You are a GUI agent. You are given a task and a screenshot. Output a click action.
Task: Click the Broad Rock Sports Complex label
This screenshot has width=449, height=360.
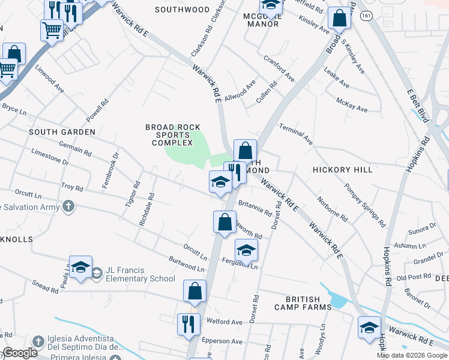169,135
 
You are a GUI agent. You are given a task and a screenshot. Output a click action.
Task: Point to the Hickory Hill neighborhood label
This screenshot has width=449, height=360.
343,170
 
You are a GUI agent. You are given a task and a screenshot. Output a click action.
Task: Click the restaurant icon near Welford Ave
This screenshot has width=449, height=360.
188,324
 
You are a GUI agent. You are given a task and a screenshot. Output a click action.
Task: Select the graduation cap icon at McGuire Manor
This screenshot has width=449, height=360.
271,6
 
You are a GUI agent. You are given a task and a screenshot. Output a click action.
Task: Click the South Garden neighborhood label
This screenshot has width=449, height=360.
62,131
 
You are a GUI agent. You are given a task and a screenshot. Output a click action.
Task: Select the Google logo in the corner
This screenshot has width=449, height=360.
20,353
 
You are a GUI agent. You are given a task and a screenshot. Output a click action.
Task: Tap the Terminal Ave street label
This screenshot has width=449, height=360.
296,135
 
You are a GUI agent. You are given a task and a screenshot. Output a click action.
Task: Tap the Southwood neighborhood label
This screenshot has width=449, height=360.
182,10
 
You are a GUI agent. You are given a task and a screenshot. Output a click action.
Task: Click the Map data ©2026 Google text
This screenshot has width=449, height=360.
412,355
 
